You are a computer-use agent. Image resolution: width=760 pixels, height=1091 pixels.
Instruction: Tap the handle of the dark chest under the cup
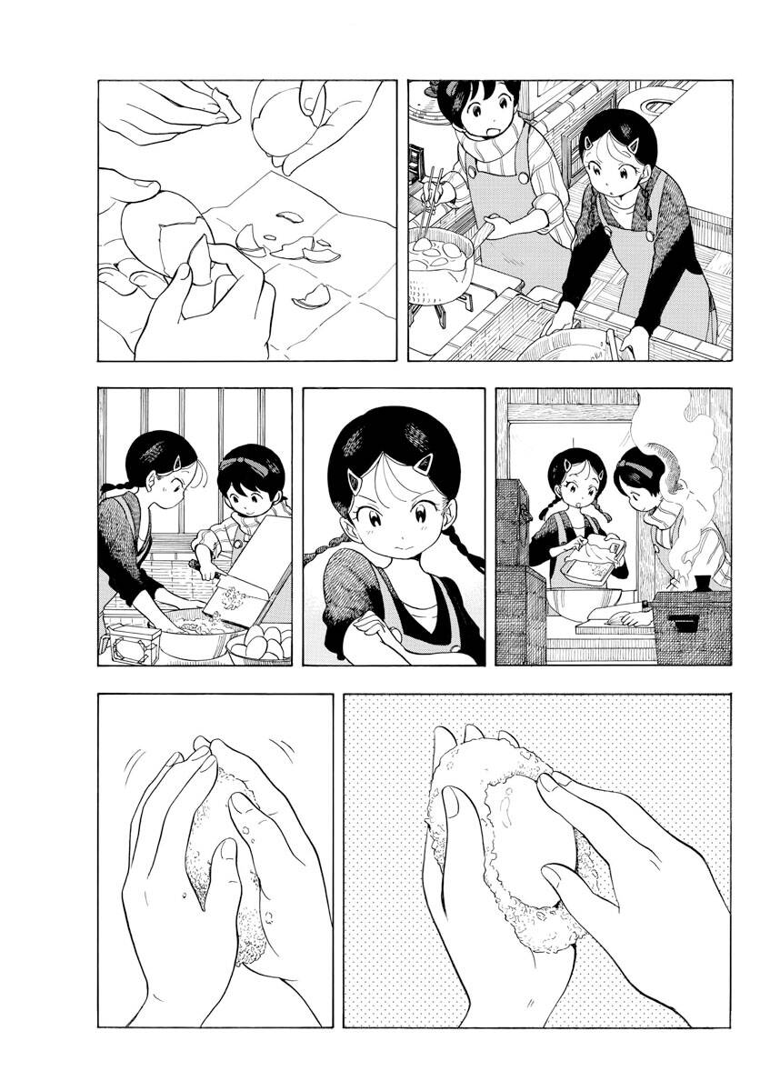pyautogui.click(x=684, y=623)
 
